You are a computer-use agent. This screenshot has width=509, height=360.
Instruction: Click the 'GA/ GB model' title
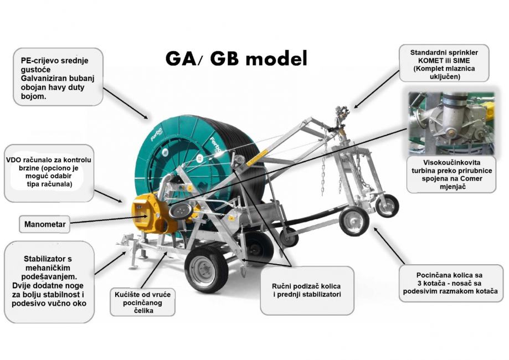[236, 59]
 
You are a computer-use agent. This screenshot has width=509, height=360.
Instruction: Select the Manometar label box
[45, 224]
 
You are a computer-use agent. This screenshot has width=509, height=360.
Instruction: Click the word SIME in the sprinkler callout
[461, 60]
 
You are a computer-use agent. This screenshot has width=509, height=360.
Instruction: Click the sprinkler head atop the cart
[342, 116]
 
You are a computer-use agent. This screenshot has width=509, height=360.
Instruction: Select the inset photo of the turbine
[451, 122]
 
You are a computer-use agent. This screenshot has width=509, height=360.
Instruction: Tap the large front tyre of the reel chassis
[206, 269]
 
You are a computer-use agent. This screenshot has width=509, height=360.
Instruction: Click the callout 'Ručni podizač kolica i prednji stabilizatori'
[307, 291]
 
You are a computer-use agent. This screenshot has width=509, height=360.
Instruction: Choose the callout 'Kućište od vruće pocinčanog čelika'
[142, 302]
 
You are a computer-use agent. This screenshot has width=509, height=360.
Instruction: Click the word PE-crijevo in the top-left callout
[37, 61]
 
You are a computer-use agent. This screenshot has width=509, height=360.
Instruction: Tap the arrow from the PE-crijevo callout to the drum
[125, 103]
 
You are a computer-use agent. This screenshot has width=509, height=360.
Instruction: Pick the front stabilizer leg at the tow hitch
[133, 253]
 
